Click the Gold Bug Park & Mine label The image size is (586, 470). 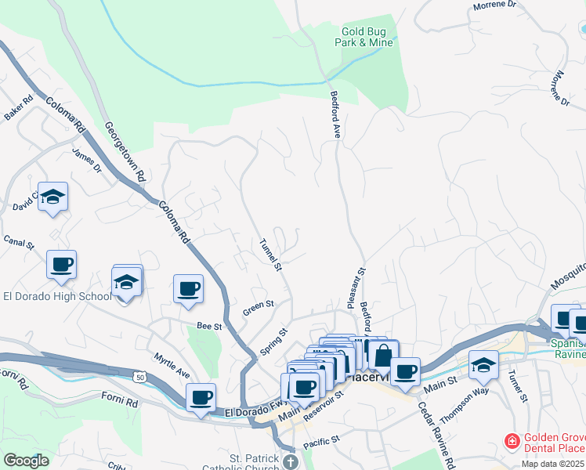(364, 37)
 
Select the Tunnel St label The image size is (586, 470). (270, 255)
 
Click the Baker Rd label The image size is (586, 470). (18, 107)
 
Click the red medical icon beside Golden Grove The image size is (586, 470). (512, 442)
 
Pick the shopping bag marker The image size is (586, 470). (382, 354)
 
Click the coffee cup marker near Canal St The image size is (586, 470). (62, 265)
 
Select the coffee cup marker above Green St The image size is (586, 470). (188, 288)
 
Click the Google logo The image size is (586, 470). (26, 460)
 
